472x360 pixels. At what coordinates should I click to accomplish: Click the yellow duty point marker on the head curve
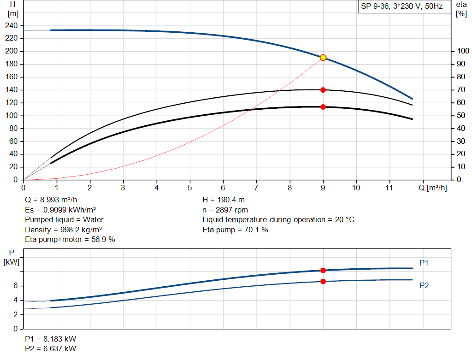(323, 58)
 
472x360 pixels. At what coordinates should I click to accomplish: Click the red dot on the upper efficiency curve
(323, 90)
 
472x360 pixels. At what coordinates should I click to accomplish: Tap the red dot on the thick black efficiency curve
(323, 107)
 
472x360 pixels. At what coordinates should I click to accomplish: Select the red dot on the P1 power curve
(323, 270)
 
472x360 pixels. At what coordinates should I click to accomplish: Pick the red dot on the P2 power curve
(323, 281)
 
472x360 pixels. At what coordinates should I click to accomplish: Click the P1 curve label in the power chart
(424, 263)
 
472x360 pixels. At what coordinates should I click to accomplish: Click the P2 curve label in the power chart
(424, 286)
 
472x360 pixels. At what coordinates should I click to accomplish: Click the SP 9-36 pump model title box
(402, 7)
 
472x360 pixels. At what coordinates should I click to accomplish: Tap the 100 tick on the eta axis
(461, 51)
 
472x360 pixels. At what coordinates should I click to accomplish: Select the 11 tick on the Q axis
(389, 188)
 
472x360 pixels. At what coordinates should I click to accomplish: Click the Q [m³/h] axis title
(433, 188)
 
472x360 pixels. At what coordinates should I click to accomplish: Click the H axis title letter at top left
(12, 4)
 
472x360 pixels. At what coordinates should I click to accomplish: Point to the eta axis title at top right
(461, 5)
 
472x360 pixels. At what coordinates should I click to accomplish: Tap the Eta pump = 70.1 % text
(235, 230)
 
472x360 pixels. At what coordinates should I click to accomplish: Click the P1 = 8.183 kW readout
(51, 338)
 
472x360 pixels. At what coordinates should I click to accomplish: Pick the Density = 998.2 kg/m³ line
(64, 230)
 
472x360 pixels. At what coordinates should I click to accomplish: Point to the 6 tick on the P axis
(15, 286)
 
